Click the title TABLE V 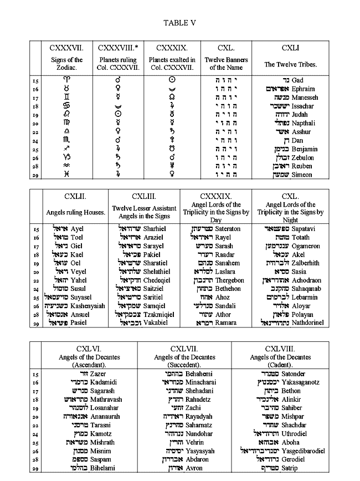[x=179, y=23]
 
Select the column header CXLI [x=291, y=48]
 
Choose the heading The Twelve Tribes [x=291, y=64]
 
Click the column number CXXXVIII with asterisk [x=118, y=48]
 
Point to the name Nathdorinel [x=317, y=323]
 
